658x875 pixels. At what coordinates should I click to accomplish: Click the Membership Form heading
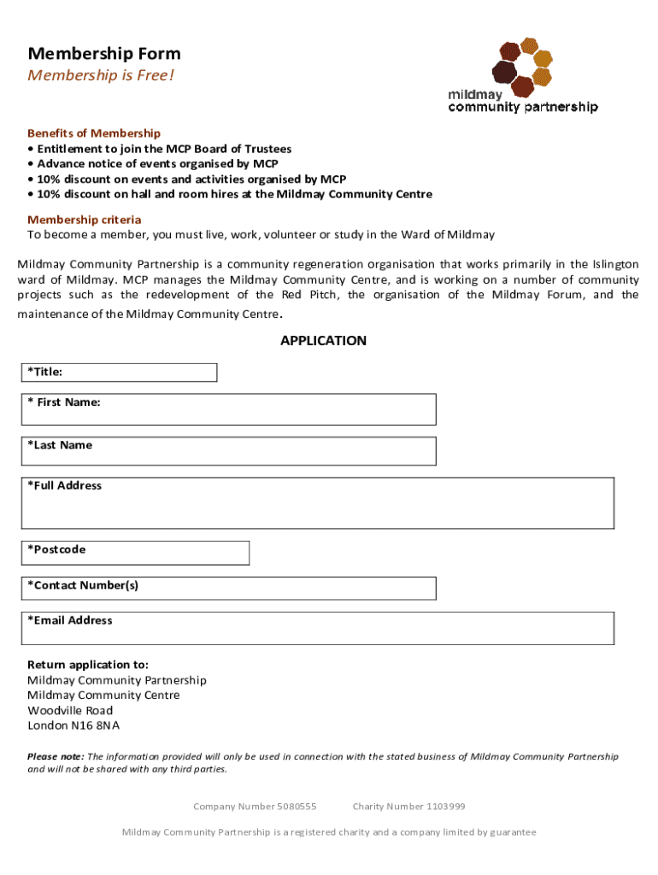coord(104,54)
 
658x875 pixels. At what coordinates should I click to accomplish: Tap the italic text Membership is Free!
coord(101,75)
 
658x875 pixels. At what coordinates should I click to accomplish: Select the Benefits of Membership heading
coord(94,133)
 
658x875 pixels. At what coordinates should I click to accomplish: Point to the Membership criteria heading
coord(85,220)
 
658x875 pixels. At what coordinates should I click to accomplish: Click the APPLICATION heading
coord(323,341)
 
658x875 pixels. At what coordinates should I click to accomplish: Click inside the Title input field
coord(137,373)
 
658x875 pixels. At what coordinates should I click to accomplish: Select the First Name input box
coord(256,411)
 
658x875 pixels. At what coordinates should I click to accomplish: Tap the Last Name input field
coord(256,451)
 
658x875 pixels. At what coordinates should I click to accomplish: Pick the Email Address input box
coord(342,631)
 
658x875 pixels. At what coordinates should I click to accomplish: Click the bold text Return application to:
coord(88,665)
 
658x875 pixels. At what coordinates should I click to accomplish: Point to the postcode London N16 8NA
coord(73,726)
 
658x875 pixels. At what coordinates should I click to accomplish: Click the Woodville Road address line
coord(70,711)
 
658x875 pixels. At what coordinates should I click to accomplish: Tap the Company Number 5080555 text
coord(255,807)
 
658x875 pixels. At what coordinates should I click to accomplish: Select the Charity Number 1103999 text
coord(408,807)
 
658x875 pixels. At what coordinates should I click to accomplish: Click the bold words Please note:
coord(56,757)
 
